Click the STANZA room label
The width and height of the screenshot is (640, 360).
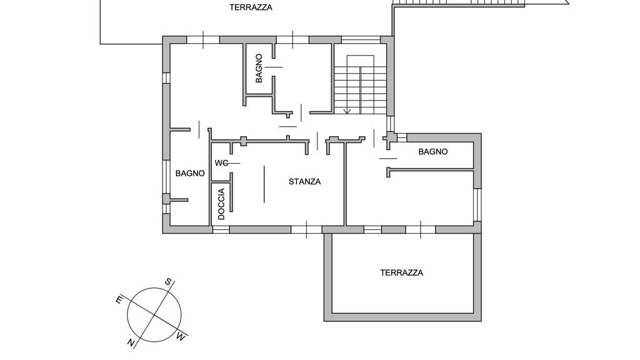(304, 182)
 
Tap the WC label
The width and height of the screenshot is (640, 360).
(221, 163)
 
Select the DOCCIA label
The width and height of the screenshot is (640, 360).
(221, 204)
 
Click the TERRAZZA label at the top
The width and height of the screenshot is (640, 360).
(251, 7)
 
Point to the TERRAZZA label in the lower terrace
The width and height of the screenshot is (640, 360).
(402, 272)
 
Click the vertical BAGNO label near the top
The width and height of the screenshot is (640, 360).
(259, 68)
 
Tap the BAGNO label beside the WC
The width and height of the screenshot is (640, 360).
(190, 174)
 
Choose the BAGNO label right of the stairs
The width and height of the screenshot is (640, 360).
(433, 152)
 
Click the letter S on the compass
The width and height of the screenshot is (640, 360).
(168, 282)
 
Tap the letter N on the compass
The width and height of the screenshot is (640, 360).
(131, 342)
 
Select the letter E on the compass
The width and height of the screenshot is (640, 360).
(119, 300)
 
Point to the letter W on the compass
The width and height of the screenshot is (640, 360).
(181, 336)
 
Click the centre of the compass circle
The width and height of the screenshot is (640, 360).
(154, 315)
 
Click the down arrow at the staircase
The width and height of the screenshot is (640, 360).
(347, 111)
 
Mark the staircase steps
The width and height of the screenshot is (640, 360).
(360, 84)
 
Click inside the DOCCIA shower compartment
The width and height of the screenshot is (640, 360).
(221, 204)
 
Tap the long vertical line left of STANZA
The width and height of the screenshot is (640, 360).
(264, 184)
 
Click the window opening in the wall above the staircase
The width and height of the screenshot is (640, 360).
(361, 39)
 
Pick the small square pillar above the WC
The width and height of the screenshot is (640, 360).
(244, 141)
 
